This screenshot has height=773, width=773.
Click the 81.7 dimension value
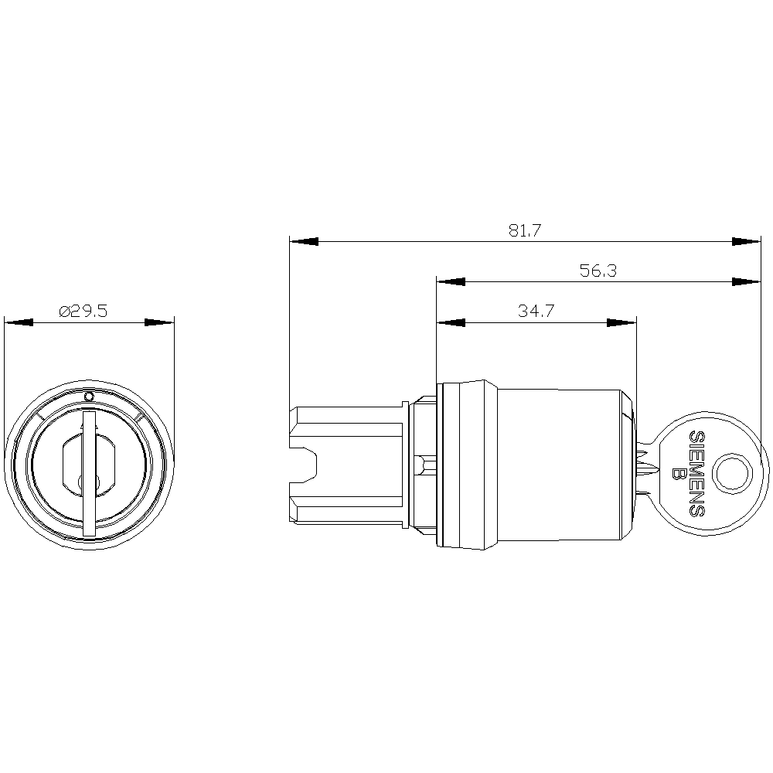click(x=525, y=230)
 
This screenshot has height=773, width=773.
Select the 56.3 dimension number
click(x=598, y=271)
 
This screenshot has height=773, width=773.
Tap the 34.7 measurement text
click(x=536, y=311)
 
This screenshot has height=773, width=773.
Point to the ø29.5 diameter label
click(x=83, y=311)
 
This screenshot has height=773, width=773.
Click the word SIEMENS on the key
click(x=696, y=473)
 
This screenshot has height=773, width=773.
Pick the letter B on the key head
click(x=679, y=474)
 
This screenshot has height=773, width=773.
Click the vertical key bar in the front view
click(x=89, y=474)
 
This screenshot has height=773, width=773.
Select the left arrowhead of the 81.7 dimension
click(x=304, y=241)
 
